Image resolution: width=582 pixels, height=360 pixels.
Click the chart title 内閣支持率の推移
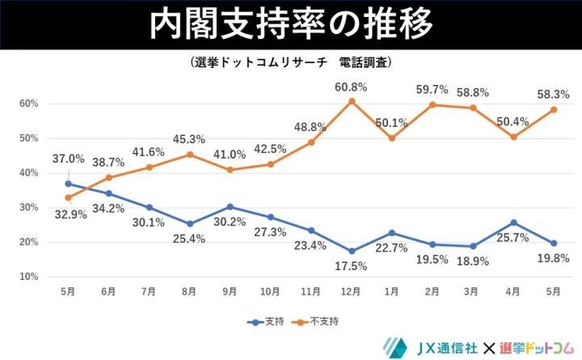(291, 25)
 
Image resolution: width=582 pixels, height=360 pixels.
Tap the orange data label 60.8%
(352, 87)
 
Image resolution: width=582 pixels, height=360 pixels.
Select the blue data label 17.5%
(352, 265)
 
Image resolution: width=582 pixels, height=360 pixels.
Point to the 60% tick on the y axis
(30, 104)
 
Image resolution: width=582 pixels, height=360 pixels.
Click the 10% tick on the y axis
(30, 277)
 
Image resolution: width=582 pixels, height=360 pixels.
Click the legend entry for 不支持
(315, 321)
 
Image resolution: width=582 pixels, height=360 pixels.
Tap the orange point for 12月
(352, 101)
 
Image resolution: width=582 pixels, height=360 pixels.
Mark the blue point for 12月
(352, 251)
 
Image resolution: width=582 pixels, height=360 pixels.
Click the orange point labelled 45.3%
(189, 155)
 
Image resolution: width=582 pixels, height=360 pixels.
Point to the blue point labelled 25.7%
(516, 222)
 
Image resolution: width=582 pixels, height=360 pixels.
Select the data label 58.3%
(556, 95)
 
